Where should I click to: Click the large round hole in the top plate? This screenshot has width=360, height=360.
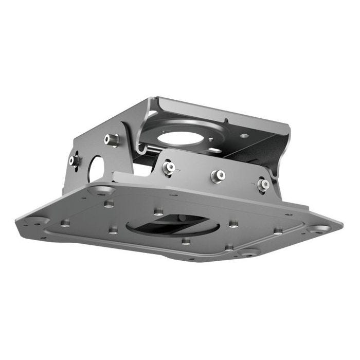tap(180, 137)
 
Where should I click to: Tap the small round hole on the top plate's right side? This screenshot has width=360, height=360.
tap(244, 136)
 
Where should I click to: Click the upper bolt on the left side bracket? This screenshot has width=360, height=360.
tap(111, 139)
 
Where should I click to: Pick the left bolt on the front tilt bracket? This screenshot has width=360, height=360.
tap(168, 167)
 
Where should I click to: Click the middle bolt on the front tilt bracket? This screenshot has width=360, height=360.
tap(218, 175)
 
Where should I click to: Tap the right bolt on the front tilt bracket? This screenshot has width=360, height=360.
tap(263, 184)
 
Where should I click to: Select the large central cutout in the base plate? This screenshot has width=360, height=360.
tap(173, 225)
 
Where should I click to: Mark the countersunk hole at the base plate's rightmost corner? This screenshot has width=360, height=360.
tap(320, 228)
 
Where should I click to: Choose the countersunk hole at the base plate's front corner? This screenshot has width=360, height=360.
tap(248, 253)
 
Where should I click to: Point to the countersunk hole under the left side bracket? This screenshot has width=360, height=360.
tap(101, 191)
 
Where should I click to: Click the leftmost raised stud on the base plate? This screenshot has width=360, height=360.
tap(65, 223)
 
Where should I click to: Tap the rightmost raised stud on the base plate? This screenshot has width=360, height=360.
tap(278, 231)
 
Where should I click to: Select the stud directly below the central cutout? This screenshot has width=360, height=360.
tap(186, 241)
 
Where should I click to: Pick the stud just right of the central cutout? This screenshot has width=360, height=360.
tap(233, 224)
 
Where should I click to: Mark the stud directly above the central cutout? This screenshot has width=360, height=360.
tap(159, 211)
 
